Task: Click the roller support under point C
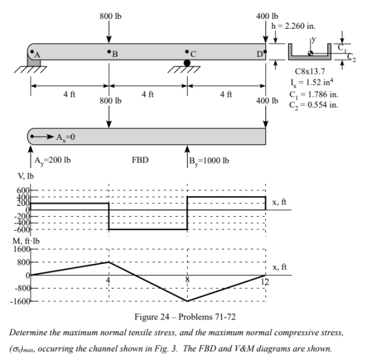(187, 63)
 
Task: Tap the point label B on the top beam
(115, 54)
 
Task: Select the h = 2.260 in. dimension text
(293, 26)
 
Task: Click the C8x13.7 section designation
(310, 71)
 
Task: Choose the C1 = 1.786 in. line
(314, 95)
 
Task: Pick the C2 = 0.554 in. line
(314, 105)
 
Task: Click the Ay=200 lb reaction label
(52, 161)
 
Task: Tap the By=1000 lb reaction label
(209, 161)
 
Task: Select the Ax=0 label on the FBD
(65, 137)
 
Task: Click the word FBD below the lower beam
(140, 160)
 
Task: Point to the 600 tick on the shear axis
(23, 190)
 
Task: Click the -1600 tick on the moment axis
(20, 301)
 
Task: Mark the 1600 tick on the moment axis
(22, 249)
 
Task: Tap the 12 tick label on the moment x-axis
(265, 282)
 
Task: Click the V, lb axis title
(25, 176)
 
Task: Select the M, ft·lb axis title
(26, 241)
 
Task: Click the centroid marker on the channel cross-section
(310, 54)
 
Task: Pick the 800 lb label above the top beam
(110, 16)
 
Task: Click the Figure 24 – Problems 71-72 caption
(185, 317)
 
